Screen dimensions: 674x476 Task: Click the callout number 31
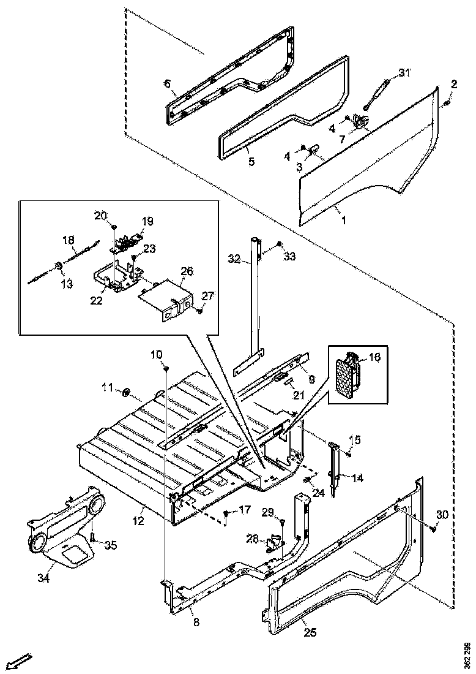coord(403,73)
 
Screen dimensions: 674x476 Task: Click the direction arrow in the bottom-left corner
coord(20,662)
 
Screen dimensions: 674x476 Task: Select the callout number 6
coord(167,85)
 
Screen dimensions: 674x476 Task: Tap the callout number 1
coord(343,220)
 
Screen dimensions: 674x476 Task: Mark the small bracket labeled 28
coord(275,542)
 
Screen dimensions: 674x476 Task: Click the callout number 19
coord(148,221)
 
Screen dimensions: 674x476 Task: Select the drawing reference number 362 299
coord(467,654)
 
